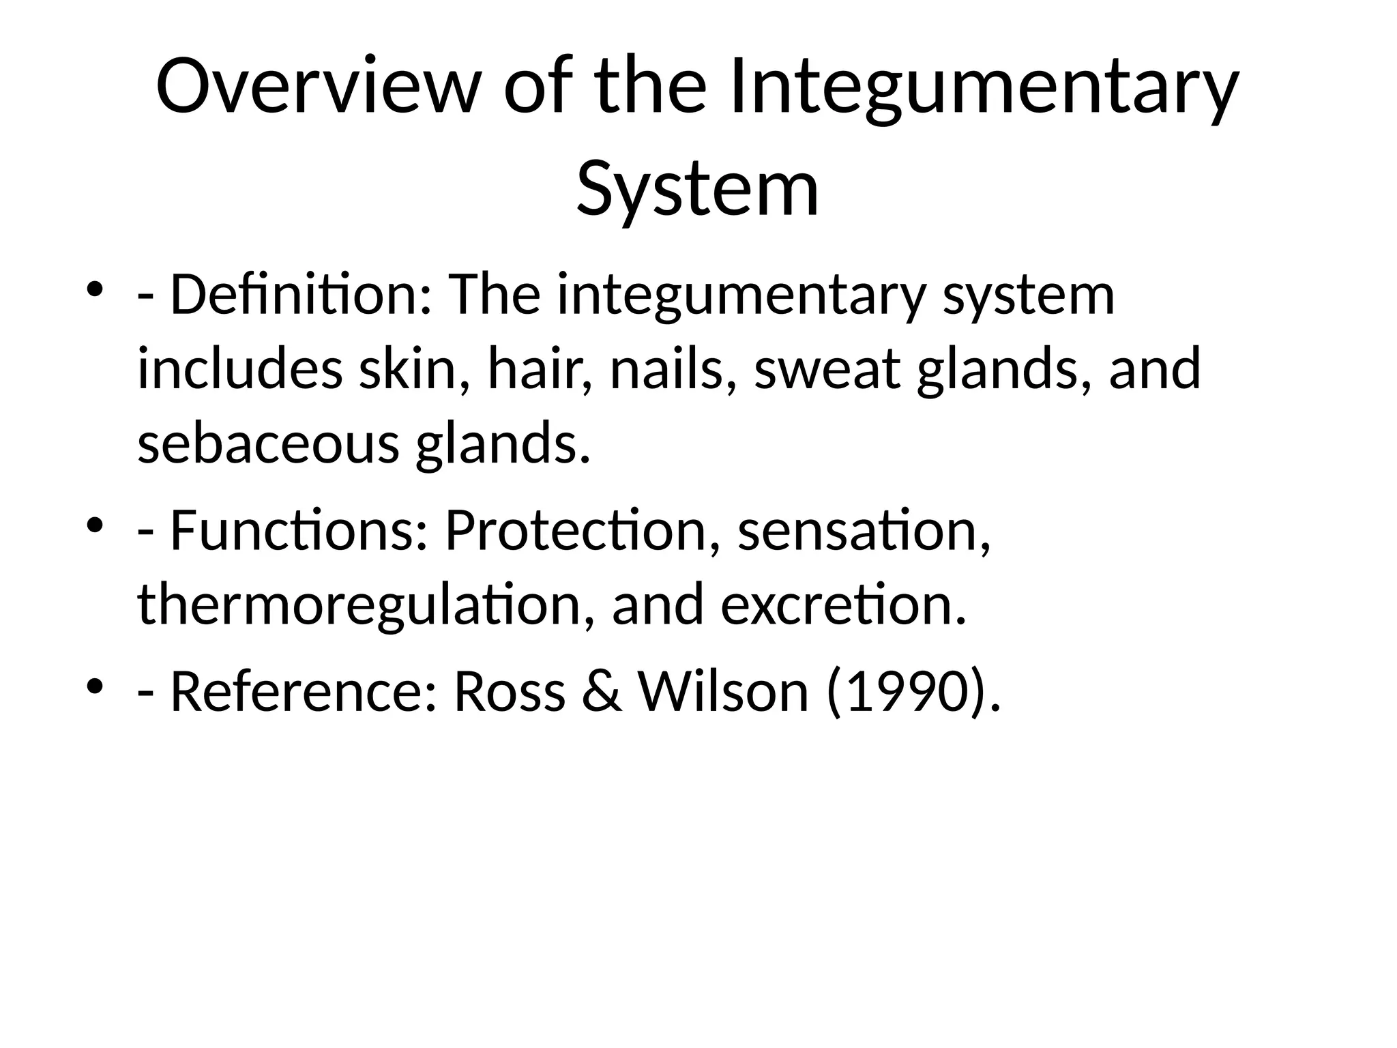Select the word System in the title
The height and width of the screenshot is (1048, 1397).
(x=697, y=187)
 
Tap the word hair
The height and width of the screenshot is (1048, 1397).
(x=539, y=369)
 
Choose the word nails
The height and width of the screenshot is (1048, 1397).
(x=673, y=369)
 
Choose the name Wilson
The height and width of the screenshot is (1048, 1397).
(x=723, y=691)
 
